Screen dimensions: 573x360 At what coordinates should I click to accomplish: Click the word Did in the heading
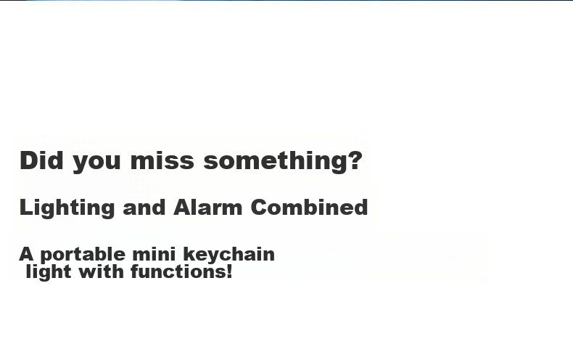coord(41,160)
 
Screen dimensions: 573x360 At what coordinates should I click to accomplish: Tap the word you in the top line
coord(96,163)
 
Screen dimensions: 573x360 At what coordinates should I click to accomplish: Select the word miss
coord(162,160)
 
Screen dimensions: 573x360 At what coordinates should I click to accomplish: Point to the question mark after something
coord(355,160)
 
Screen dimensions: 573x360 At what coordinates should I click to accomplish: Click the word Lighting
coord(67,208)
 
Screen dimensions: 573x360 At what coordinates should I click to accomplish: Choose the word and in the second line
coord(144,208)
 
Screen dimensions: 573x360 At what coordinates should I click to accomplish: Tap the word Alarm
coord(207,208)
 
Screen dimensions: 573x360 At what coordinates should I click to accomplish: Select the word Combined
coord(309,208)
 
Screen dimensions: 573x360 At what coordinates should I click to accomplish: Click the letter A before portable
coord(26,254)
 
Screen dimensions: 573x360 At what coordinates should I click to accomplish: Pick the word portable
coord(83,255)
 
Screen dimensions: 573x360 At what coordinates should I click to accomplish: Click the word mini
coord(154,254)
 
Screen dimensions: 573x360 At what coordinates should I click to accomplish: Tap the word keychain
coord(228,255)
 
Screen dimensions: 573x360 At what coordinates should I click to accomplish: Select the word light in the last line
coord(49,273)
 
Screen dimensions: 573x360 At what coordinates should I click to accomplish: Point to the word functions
coord(178,271)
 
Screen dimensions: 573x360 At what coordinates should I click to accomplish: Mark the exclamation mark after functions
coord(229,271)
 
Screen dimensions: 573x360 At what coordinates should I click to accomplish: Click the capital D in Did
coord(28,160)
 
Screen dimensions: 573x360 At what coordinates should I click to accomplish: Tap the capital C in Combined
coord(260,208)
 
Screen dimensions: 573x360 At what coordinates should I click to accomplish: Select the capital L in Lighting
coord(26,208)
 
